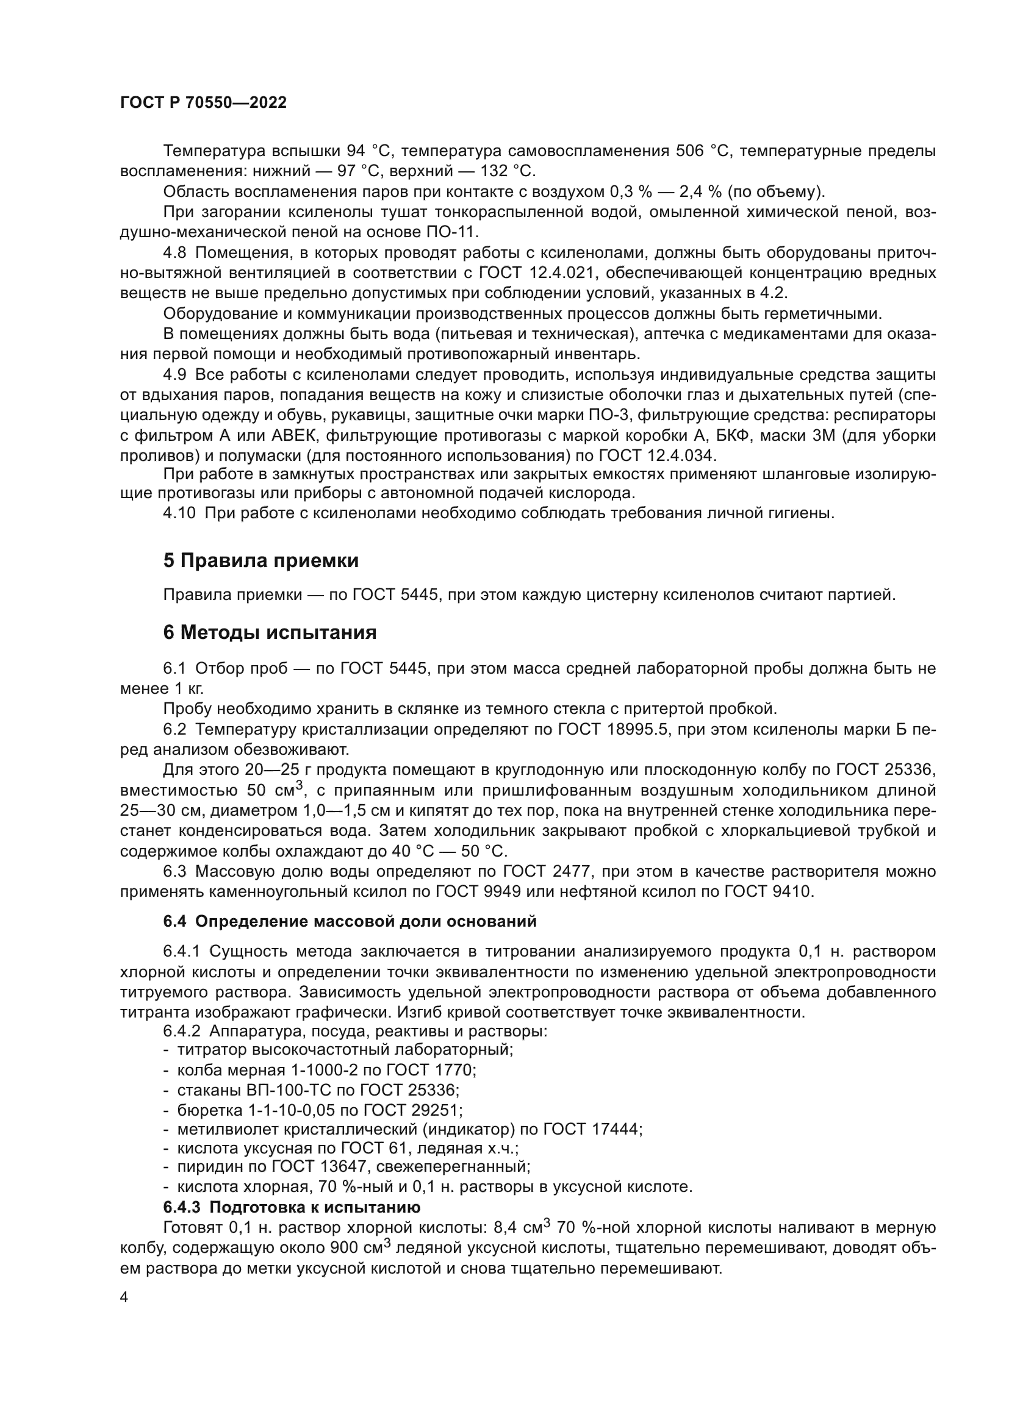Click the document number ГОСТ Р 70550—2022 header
point(203,103)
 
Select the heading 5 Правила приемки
point(261,561)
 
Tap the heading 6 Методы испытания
point(270,633)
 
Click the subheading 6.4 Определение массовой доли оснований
point(350,921)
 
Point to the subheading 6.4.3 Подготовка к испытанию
point(292,1207)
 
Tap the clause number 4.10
point(179,513)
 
